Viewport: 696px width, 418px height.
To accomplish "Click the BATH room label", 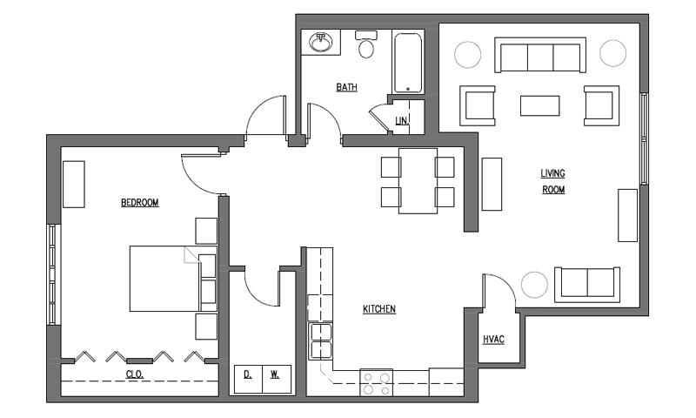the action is pos(346,87).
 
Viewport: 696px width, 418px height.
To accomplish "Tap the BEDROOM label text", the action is pos(140,203).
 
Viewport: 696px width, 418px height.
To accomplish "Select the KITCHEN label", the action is pos(379,309).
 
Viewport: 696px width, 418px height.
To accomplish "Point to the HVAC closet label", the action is pos(493,340).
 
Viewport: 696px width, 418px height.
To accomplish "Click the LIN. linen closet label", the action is pos(402,120).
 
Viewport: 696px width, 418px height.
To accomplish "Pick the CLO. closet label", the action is pos(135,374).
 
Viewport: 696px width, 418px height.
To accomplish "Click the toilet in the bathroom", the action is pos(366,44).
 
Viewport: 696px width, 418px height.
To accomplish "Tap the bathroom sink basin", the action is pos(320,43).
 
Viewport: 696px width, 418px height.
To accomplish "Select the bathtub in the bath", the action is pos(408,63).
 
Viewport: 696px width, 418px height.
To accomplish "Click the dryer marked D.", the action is pos(248,379).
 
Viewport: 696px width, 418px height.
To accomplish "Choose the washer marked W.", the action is pos(277,379).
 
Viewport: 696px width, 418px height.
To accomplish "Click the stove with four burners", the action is pos(377,382).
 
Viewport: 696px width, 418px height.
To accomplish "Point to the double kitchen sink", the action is pos(320,341).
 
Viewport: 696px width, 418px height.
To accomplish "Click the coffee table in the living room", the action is pos(539,105).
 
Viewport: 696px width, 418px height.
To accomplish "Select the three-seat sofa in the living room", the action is pos(540,55).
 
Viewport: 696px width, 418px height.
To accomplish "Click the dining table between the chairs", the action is pos(418,181).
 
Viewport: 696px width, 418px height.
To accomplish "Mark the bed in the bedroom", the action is pos(173,279).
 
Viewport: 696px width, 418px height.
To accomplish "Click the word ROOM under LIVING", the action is pos(553,190).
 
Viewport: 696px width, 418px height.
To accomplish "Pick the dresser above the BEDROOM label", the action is pos(74,185).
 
